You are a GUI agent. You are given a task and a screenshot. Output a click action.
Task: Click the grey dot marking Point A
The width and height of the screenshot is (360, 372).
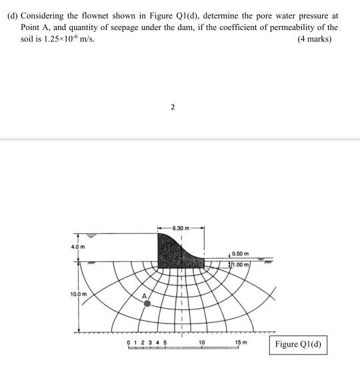(x=147, y=303)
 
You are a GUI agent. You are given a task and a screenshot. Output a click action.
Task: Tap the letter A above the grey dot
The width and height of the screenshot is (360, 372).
(x=143, y=293)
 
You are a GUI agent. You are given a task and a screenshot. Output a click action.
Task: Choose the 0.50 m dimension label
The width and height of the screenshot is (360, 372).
(x=241, y=253)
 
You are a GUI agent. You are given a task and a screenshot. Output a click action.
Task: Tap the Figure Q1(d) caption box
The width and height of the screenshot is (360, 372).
(x=299, y=345)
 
